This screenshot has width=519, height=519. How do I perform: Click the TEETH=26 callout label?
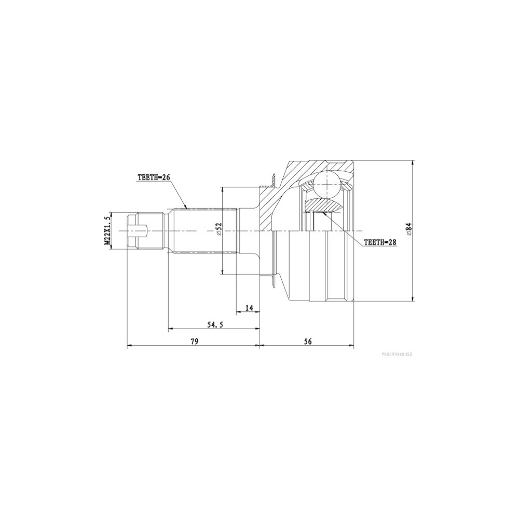coord(154,177)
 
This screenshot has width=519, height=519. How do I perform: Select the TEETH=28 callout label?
coord(380,242)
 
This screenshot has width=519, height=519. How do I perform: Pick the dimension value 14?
coord(249,308)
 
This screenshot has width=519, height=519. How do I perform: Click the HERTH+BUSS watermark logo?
coord(397,354)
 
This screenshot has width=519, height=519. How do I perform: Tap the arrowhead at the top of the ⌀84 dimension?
coord(413,162)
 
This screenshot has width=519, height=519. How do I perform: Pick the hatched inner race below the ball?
coord(323,204)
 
